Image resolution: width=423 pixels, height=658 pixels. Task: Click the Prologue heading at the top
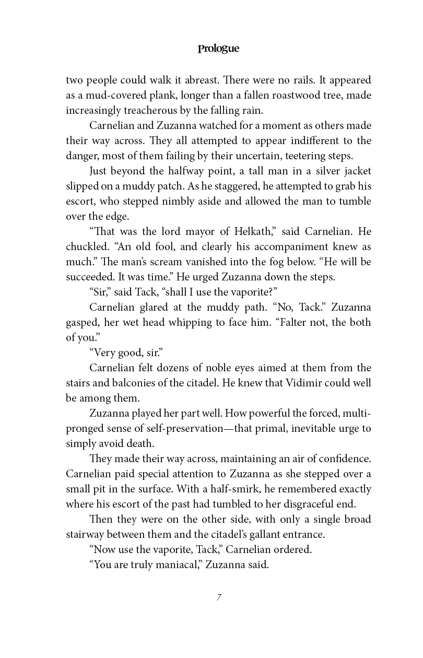tap(218, 49)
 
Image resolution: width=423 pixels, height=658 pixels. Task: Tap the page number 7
tap(219, 597)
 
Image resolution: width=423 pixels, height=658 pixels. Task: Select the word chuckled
tap(87, 246)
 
